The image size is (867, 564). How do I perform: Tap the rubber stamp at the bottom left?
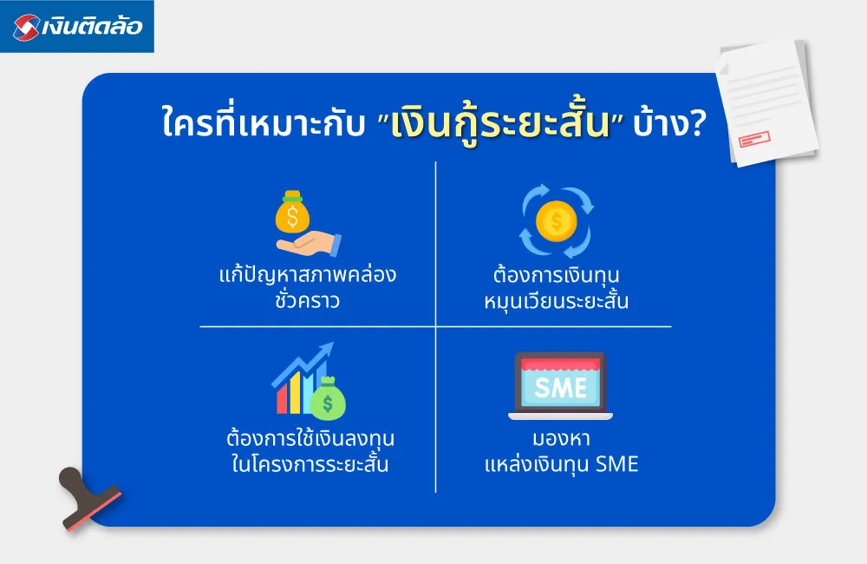pos(87,498)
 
